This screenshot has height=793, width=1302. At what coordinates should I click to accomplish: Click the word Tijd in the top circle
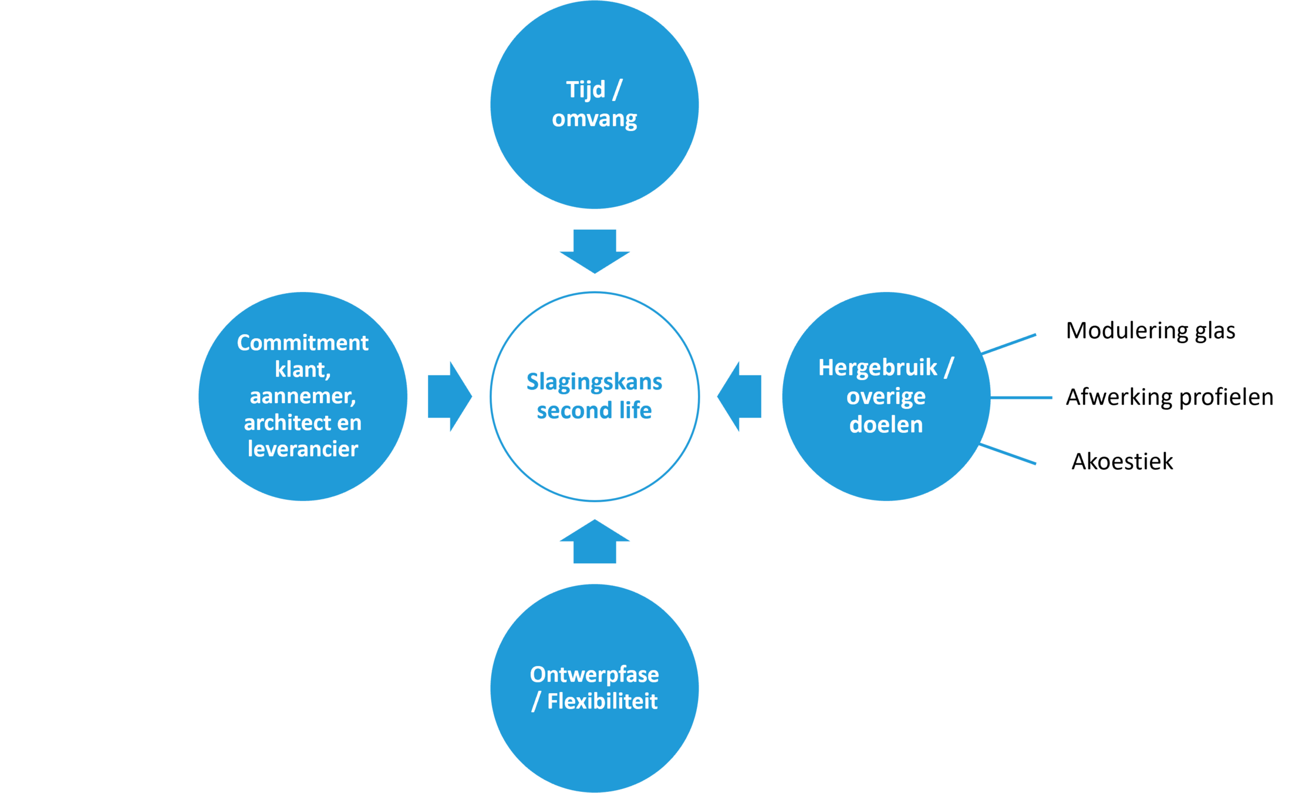point(585,90)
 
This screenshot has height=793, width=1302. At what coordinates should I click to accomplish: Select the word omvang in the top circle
point(594,119)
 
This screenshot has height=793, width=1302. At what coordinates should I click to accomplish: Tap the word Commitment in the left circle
point(302,342)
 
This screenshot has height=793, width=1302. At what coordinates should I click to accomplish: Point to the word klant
point(302,369)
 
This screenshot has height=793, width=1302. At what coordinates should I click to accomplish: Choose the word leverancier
point(302,449)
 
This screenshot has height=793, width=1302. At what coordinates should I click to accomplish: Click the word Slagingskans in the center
point(594,382)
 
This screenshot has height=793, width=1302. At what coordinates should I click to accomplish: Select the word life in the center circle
point(635,410)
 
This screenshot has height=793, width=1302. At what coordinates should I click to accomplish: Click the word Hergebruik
point(878,368)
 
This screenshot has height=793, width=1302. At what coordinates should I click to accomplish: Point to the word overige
point(886,396)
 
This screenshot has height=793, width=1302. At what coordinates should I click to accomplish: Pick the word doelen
point(886,424)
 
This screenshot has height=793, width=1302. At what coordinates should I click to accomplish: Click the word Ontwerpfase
point(594,674)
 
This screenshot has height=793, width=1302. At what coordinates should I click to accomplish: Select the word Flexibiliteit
point(602,701)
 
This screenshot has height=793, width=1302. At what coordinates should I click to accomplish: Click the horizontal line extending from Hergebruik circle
point(1023,398)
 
